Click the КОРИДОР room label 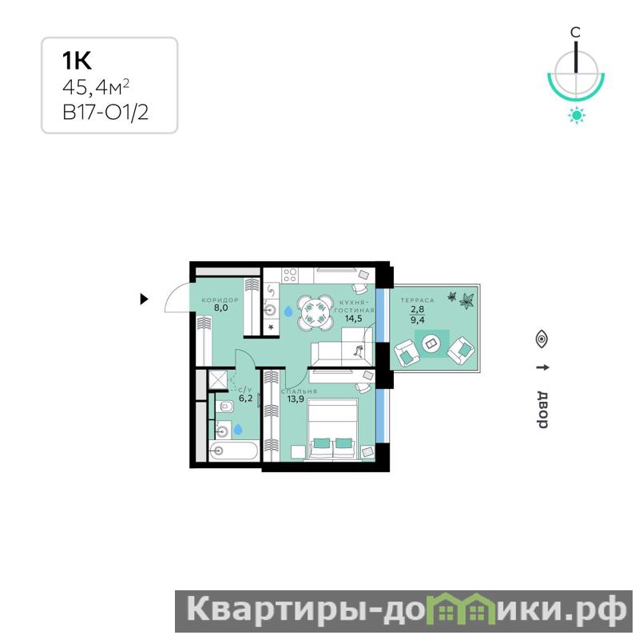pos(220,300)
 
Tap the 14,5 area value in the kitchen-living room pos(353,318)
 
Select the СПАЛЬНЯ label pos(299,391)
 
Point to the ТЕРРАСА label pos(418,300)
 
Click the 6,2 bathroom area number pos(246,398)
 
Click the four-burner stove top pos(289,275)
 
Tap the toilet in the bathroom pos(224,407)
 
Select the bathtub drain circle pos(219,450)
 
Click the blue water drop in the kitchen pos(288,312)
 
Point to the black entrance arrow pos(144,299)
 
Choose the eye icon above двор pos(542,339)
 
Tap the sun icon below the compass pos(576,115)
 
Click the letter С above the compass pos(575,32)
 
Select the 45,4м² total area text pos(96,87)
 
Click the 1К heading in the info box pos(77,61)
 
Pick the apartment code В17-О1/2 pos(105,112)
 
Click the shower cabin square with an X pos(218,380)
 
